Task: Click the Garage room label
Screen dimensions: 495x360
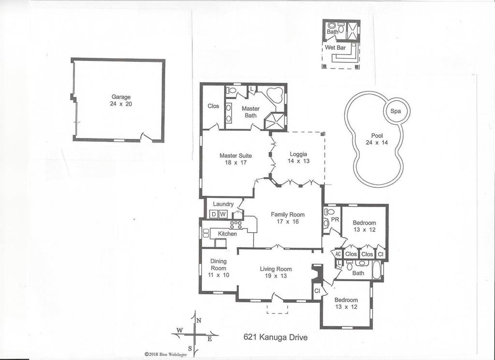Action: pyautogui.click(x=121, y=97)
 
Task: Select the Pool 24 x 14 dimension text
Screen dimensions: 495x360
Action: pyautogui.click(x=377, y=143)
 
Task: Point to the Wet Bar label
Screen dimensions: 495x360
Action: pyautogui.click(x=335, y=48)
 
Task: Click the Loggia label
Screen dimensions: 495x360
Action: pyautogui.click(x=298, y=154)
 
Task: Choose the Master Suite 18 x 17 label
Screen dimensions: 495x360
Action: pyautogui.click(x=235, y=159)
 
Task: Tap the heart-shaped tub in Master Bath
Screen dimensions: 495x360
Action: pyautogui.click(x=274, y=94)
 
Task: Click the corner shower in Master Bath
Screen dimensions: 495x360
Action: pyautogui.click(x=274, y=121)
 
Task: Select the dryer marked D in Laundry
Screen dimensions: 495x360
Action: pyautogui.click(x=214, y=214)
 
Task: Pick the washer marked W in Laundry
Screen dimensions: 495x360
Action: pyautogui.click(x=223, y=214)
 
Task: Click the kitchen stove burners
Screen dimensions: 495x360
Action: pyautogui.click(x=236, y=225)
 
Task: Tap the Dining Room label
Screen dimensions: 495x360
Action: pyautogui.click(x=218, y=265)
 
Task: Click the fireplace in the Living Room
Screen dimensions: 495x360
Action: pyautogui.click(x=317, y=273)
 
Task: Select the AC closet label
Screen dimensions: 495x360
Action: pyautogui.click(x=338, y=254)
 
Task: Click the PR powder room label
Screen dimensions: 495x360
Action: pyautogui.click(x=335, y=219)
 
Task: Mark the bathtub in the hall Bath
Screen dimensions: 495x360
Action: pyautogui.click(x=377, y=270)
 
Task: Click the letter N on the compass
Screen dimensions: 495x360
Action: pyautogui.click(x=199, y=320)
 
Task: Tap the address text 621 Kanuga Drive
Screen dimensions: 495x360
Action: pyautogui.click(x=275, y=337)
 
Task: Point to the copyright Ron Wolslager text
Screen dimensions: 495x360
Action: pyautogui.click(x=166, y=355)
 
